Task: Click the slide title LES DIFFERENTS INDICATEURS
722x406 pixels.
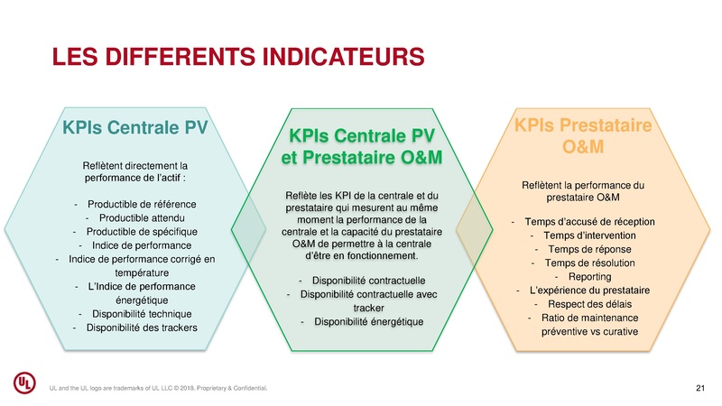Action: click(238, 56)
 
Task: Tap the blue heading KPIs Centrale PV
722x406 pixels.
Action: click(135, 126)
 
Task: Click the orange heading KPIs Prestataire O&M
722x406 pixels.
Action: click(585, 134)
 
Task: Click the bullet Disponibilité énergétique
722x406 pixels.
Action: click(366, 322)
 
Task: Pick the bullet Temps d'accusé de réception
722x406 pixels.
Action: click(588, 222)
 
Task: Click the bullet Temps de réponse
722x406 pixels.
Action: click(588, 249)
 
